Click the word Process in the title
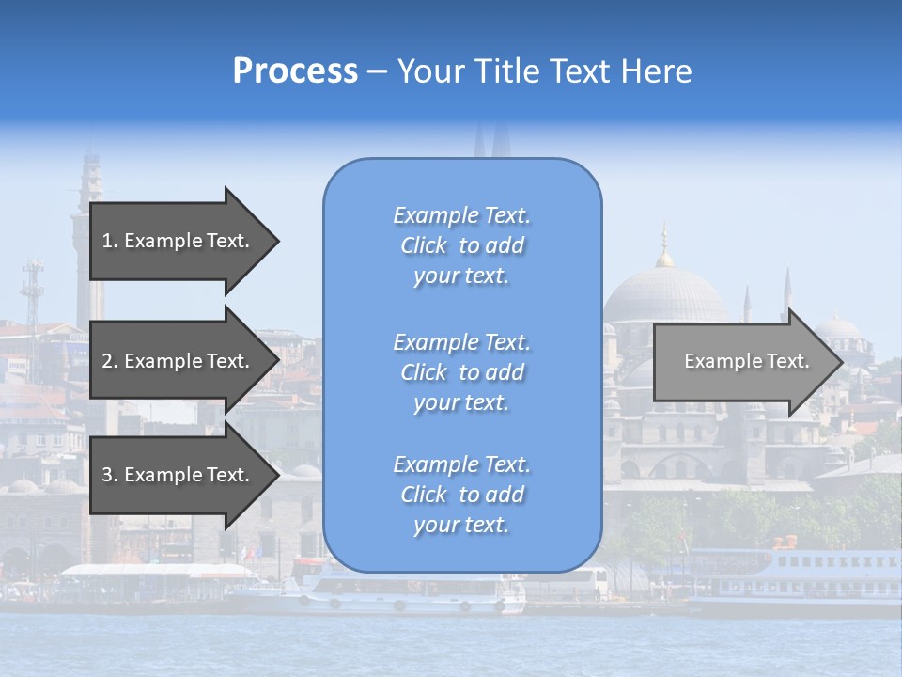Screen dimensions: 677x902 (295, 71)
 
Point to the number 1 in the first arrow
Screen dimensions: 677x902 (106, 241)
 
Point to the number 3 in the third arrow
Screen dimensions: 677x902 (107, 476)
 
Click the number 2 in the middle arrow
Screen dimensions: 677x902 (107, 361)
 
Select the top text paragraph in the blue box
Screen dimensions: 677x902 (461, 245)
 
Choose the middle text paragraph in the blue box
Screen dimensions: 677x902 (461, 372)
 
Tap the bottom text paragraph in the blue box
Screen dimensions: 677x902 (461, 495)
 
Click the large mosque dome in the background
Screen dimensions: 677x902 (664, 296)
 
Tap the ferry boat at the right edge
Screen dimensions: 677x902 (808, 574)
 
